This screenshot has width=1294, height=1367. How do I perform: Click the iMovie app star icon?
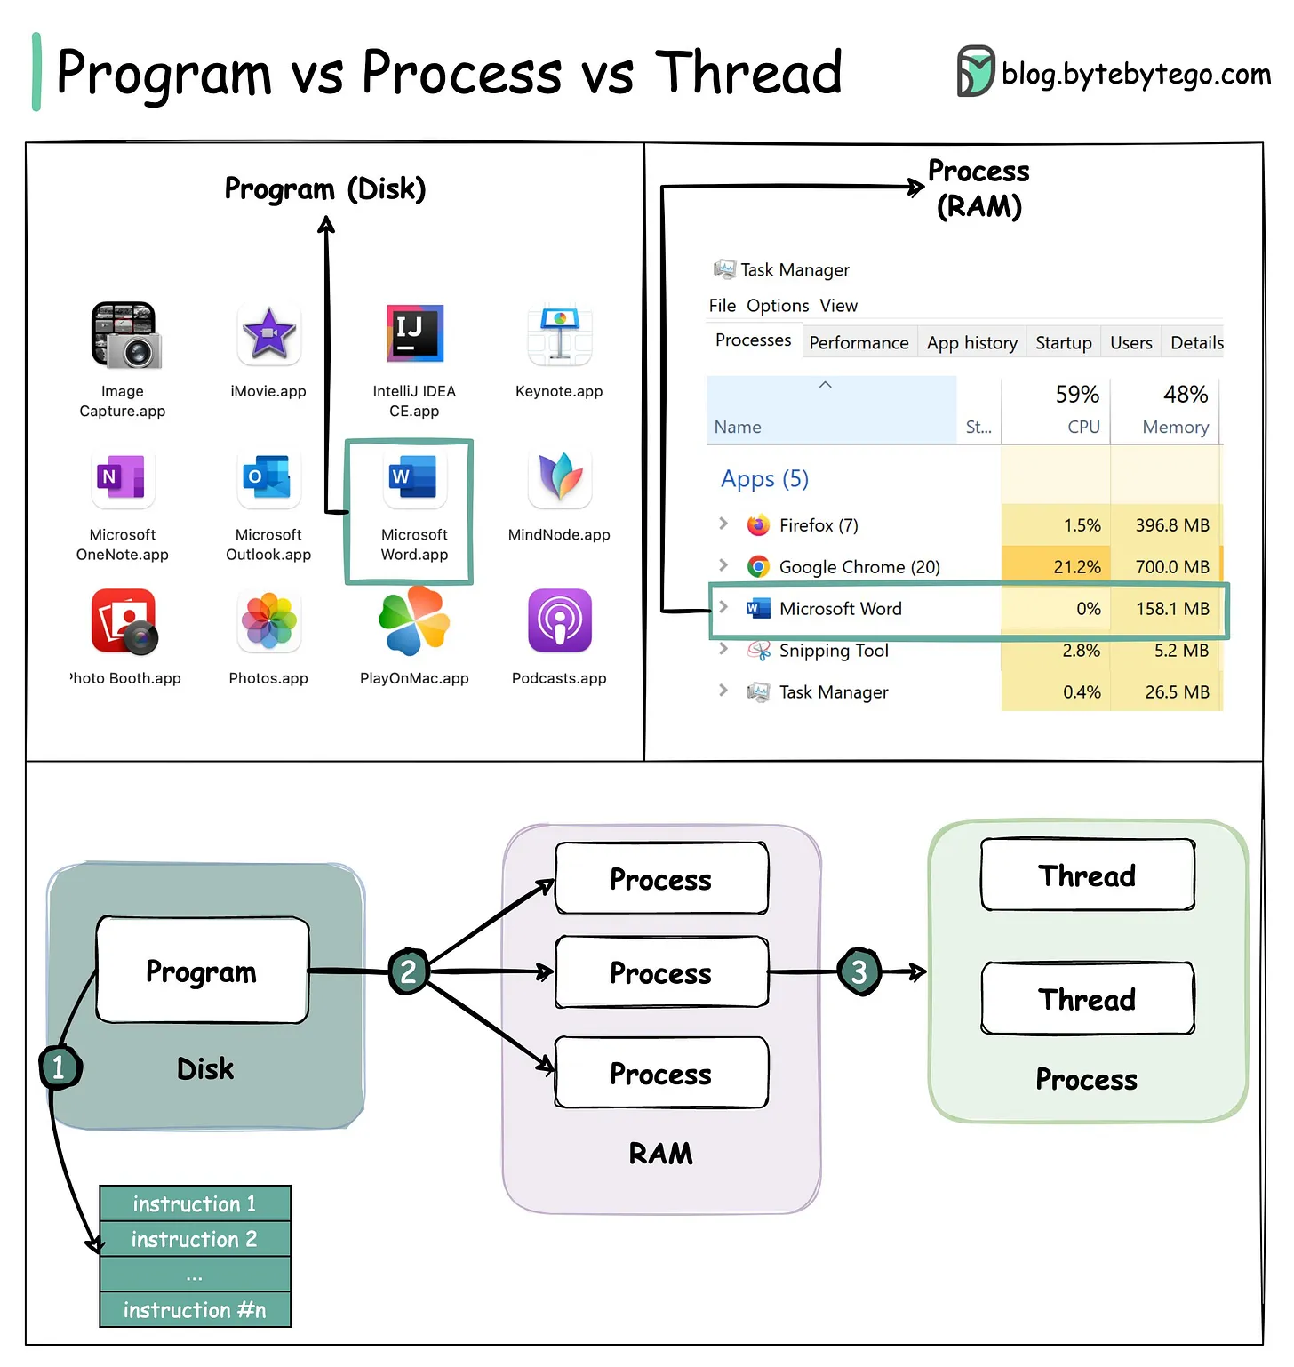(x=268, y=335)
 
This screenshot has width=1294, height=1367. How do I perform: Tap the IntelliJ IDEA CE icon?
(x=414, y=334)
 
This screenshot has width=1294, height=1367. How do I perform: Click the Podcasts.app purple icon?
(x=559, y=621)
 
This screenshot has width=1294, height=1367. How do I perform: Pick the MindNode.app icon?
(x=559, y=477)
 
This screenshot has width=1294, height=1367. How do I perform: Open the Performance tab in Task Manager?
(x=859, y=343)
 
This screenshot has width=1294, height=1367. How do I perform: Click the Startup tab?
(x=1063, y=343)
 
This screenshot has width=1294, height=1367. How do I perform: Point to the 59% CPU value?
(x=1076, y=395)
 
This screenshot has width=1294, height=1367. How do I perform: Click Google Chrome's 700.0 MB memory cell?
(x=1171, y=567)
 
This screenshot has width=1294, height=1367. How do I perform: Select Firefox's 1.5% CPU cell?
(x=1082, y=525)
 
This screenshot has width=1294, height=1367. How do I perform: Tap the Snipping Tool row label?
(x=833, y=651)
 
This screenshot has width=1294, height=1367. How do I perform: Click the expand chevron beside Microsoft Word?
(x=723, y=607)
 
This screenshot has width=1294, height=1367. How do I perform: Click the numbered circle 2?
(x=409, y=971)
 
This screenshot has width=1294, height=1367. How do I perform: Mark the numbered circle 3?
(x=859, y=972)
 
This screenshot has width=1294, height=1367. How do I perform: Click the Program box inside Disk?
(x=202, y=971)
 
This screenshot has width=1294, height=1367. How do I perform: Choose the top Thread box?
(x=1087, y=875)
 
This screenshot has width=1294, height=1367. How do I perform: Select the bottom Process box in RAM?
(x=660, y=1074)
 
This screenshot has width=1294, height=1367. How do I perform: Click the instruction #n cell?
(x=195, y=1310)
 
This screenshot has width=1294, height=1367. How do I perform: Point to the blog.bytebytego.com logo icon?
(x=975, y=71)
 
